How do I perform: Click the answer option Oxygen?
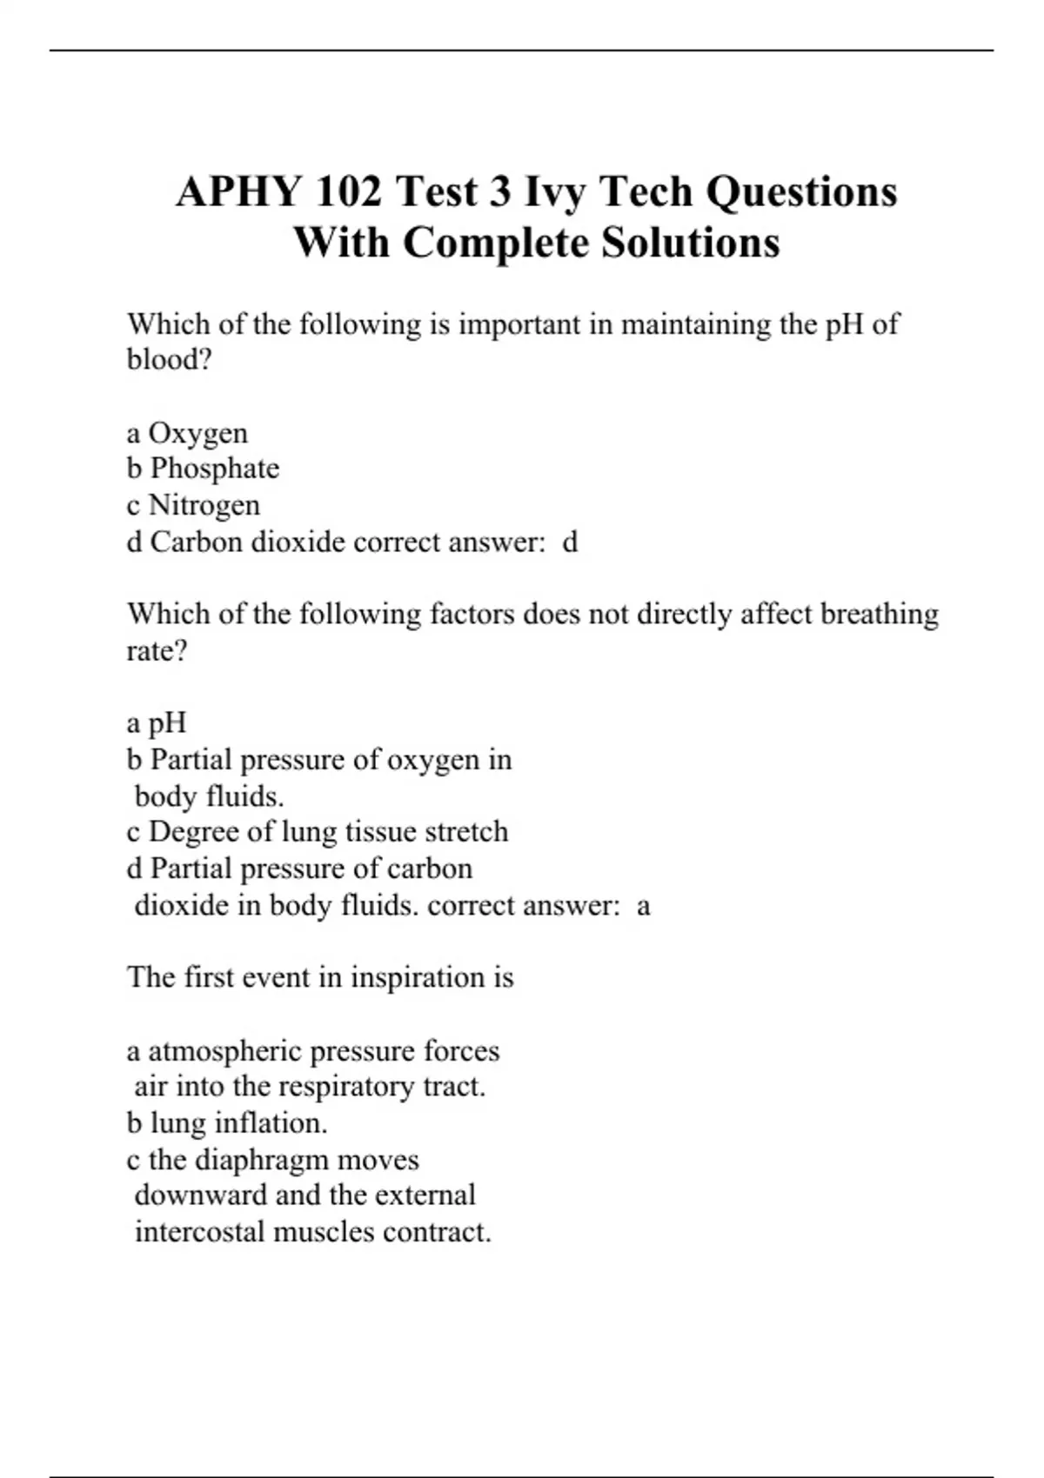click(x=197, y=433)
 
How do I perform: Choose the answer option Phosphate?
click(x=215, y=469)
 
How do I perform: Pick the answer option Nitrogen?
click(x=204, y=505)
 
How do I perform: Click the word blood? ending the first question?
click(x=170, y=359)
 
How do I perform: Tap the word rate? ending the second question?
click(x=157, y=650)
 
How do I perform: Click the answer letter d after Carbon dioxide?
click(x=571, y=543)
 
